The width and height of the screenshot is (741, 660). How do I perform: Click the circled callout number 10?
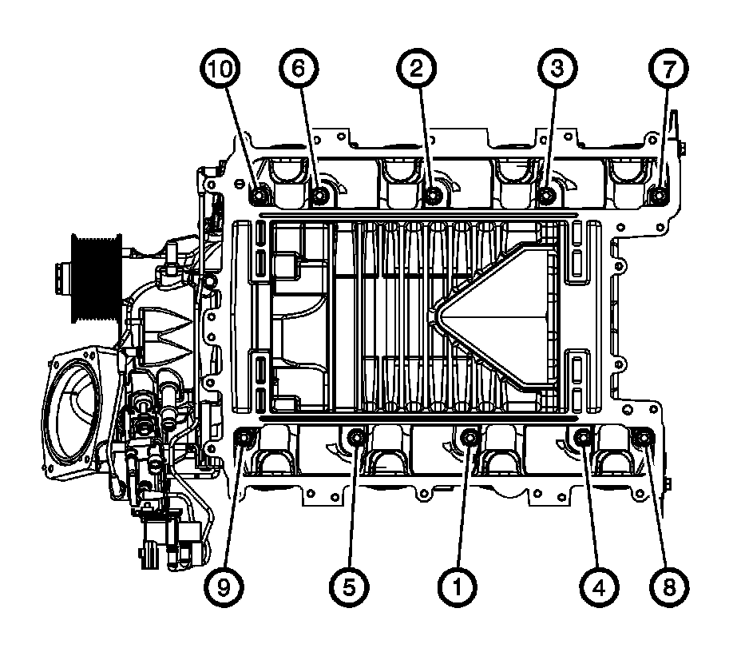[x=220, y=69]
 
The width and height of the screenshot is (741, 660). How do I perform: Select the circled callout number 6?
[x=298, y=69]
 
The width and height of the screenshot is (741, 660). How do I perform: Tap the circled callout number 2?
[x=416, y=69]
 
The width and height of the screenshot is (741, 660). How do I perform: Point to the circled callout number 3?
[x=557, y=69]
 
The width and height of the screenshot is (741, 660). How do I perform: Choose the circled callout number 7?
[x=668, y=69]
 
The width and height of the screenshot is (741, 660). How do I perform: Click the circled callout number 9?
[x=224, y=587]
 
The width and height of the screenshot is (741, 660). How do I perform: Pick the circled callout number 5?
[x=349, y=587]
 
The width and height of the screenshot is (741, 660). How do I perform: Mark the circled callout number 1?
[x=457, y=587]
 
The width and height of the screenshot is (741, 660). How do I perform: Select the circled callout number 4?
[x=599, y=587]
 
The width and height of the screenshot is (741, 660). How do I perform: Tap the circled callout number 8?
[x=669, y=587]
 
